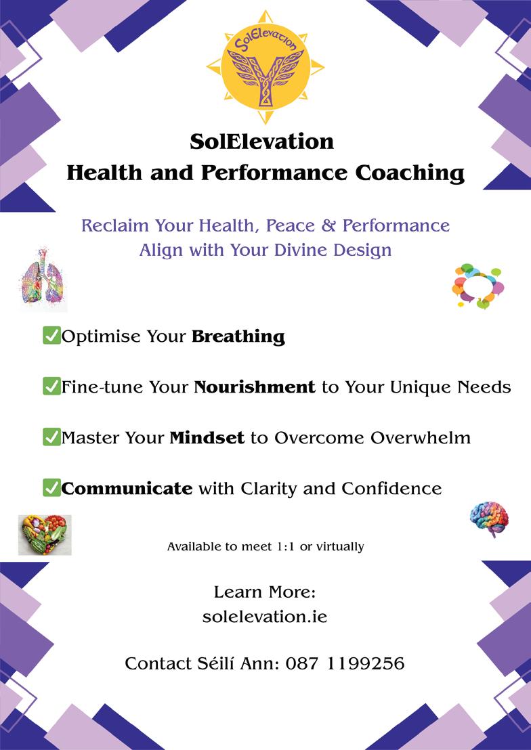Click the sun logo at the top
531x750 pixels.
pos(265,66)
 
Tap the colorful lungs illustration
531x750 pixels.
pos(43,280)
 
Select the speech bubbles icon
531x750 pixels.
pos(478,286)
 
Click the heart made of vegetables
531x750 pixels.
pos(45,535)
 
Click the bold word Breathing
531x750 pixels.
pos(238,336)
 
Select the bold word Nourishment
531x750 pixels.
pos(255,387)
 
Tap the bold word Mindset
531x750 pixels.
pos(207,438)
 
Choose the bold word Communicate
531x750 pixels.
pos(127,489)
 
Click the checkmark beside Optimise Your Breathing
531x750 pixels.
pos(51,336)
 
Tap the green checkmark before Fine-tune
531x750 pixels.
pos(51,386)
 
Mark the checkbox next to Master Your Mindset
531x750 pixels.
pos(51,437)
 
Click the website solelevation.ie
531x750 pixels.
pos(265,617)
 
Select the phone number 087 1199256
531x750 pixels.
pos(345,663)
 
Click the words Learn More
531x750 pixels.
pos(265,592)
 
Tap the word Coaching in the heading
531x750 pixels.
pos(410,174)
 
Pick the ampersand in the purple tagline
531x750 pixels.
pos(328,226)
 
